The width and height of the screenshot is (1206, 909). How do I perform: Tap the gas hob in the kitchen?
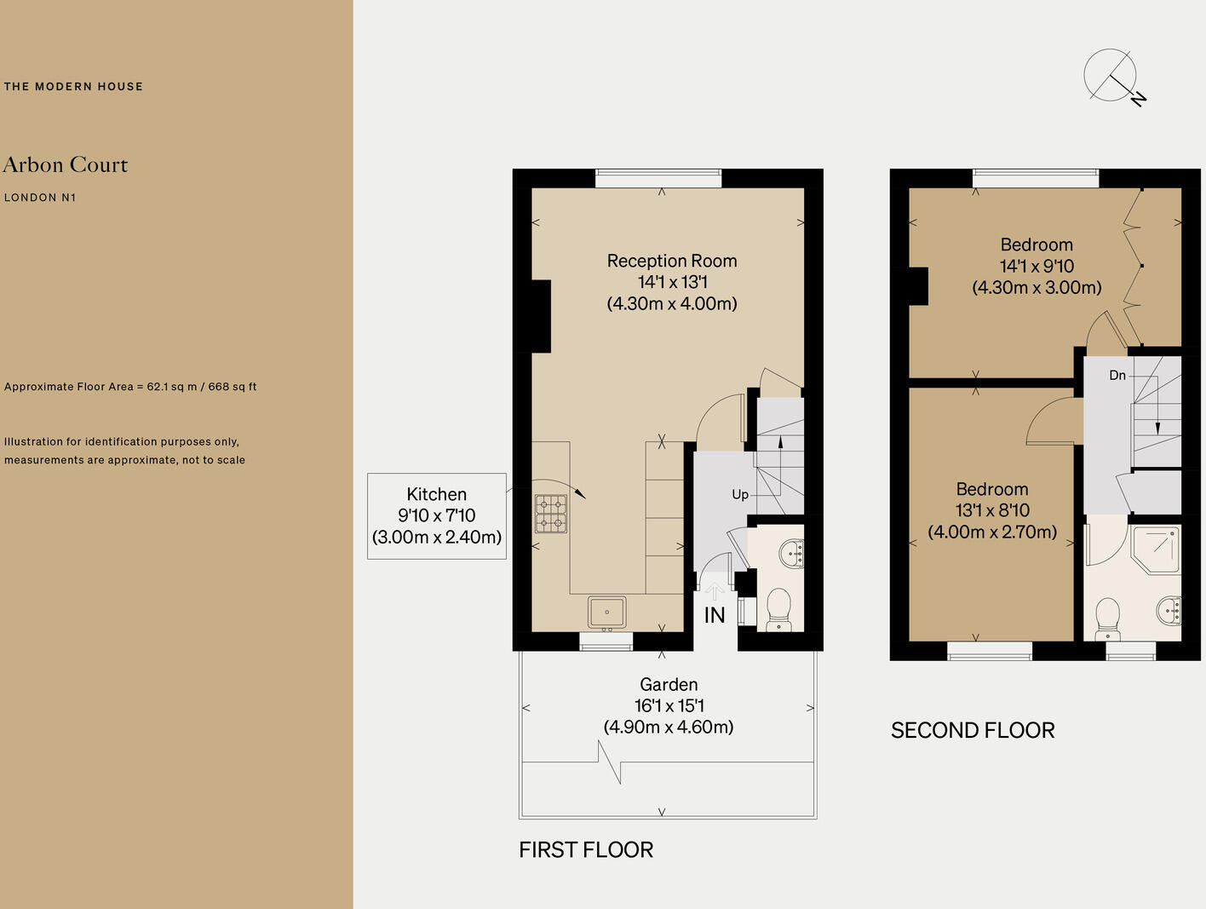[x=550, y=514]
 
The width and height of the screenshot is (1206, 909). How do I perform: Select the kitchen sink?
[x=606, y=613]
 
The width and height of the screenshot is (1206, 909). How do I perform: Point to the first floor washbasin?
[x=792, y=553]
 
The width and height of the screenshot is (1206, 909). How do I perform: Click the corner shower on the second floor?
[x=1156, y=549]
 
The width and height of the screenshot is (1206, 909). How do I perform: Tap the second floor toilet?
[x=1107, y=618]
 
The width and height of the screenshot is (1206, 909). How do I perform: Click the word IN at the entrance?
[x=715, y=615]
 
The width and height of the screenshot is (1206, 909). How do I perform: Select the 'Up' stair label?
[x=740, y=495]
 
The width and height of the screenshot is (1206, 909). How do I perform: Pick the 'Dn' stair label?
[x=1117, y=375]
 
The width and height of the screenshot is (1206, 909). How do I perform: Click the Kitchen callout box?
[x=437, y=516]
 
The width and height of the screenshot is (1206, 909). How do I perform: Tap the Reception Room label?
[x=672, y=261]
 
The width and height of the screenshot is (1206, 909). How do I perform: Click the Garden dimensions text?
[x=669, y=716]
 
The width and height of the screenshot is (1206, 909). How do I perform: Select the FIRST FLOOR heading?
[x=586, y=849]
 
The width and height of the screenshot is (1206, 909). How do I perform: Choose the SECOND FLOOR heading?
[x=973, y=730]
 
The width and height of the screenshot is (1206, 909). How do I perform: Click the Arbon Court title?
[x=66, y=164]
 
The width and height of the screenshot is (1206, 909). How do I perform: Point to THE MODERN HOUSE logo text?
[x=73, y=86]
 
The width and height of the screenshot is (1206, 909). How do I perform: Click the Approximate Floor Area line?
[x=130, y=387]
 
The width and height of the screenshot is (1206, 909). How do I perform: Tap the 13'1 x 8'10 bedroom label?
[x=992, y=510]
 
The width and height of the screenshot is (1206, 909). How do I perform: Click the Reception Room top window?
[x=658, y=178]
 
